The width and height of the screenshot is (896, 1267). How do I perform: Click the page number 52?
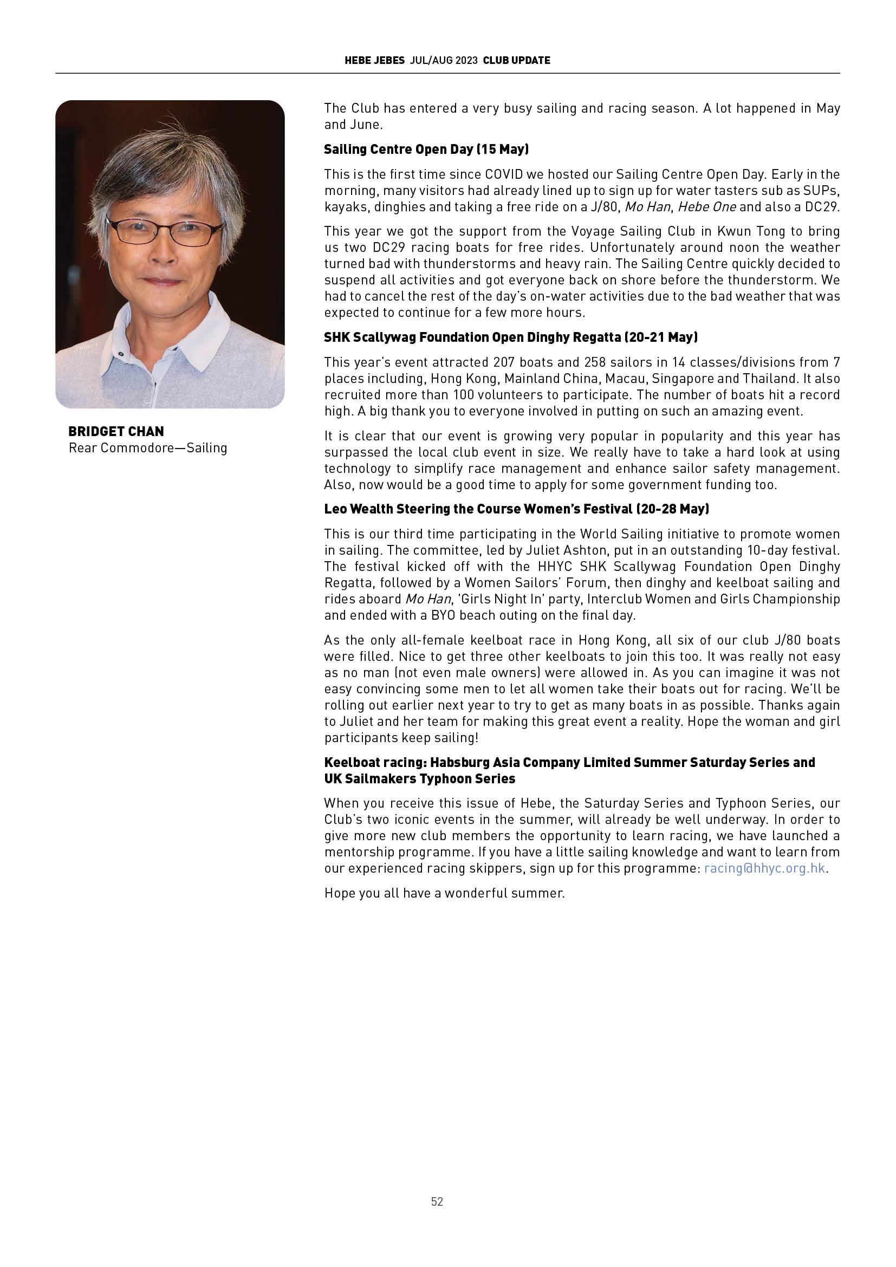pyautogui.click(x=437, y=1201)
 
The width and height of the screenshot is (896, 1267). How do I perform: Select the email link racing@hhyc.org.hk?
pyautogui.click(x=765, y=868)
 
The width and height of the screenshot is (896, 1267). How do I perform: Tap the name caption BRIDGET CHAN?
pyautogui.click(x=116, y=431)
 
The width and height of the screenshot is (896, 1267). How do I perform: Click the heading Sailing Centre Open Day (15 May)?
pyautogui.click(x=426, y=149)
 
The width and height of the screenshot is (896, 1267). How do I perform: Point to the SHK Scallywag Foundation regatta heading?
pyautogui.click(x=510, y=337)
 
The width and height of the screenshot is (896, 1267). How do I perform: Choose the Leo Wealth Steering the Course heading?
pyautogui.click(x=516, y=509)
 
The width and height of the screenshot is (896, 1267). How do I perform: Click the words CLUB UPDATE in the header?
pyautogui.click(x=516, y=61)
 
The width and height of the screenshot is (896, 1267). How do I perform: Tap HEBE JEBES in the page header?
pyautogui.click(x=375, y=61)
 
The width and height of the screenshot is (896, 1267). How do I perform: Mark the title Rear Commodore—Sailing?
pyautogui.click(x=148, y=447)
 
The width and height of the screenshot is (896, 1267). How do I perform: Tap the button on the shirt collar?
pyautogui.click(x=119, y=354)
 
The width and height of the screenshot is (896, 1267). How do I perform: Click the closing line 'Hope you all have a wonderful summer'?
pyautogui.click(x=444, y=893)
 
